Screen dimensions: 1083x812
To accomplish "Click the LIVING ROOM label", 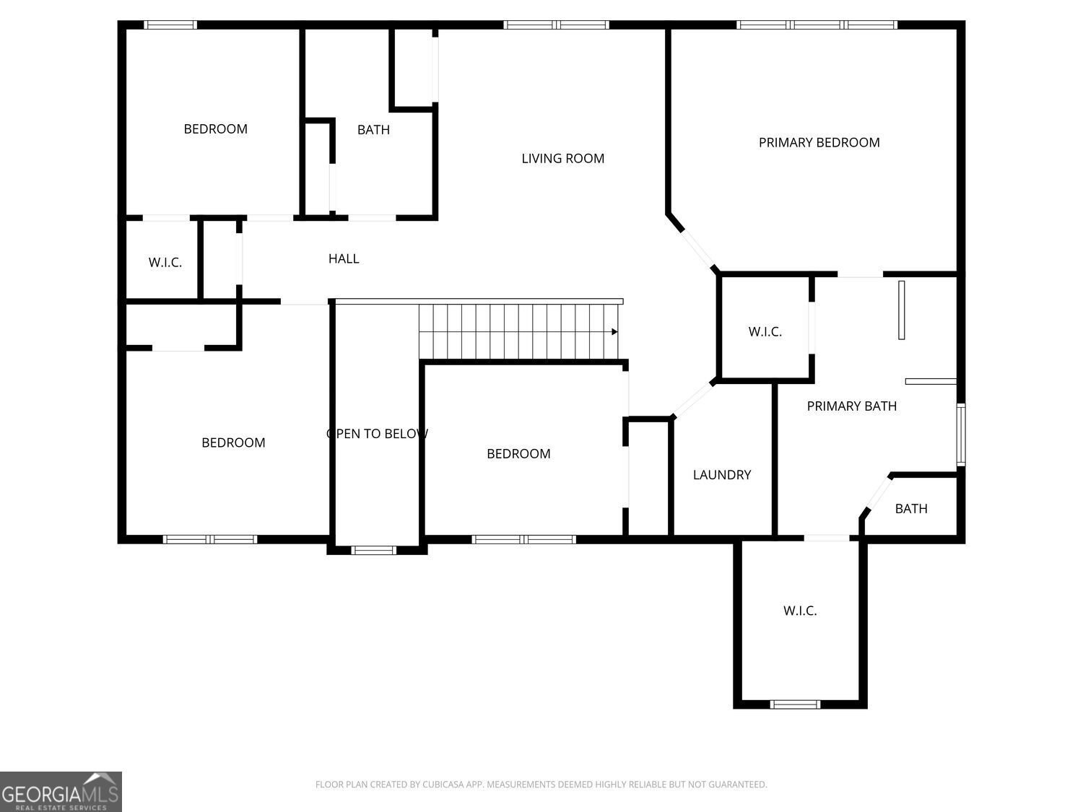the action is [x=562, y=158].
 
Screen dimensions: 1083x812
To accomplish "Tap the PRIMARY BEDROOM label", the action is [x=819, y=142].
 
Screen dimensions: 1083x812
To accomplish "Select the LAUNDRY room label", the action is [x=722, y=475].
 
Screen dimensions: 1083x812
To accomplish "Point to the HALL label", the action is [x=344, y=258].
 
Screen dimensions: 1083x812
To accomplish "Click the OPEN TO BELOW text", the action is [x=377, y=433].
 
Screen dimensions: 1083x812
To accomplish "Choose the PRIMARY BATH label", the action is [x=851, y=406].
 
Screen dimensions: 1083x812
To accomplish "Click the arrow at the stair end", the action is [x=614, y=332].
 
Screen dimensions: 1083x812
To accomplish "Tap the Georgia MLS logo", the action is [x=61, y=791].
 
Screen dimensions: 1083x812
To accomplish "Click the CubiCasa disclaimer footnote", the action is [x=541, y=784].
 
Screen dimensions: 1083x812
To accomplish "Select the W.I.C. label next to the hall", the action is [x=165, y=262].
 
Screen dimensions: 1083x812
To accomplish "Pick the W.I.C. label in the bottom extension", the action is [x=800, y=611].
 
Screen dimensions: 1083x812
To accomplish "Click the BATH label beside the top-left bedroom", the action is [x=373, y=130].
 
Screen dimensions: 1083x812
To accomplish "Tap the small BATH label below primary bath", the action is [x=911, y=508].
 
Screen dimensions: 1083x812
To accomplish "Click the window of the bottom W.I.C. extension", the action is [x=795, y=704].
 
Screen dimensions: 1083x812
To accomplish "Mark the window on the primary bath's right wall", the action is [x=961, y=435].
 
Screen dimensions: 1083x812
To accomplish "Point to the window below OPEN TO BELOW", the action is [x=373, y=550].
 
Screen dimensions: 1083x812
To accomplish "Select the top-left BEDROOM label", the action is [x=216, y=128].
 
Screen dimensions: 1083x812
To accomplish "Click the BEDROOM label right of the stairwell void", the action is [x=518, y=453].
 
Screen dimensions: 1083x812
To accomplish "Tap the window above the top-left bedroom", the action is [x=170, y=25].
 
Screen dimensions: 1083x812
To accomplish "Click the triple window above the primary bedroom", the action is [x=817, y=25].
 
